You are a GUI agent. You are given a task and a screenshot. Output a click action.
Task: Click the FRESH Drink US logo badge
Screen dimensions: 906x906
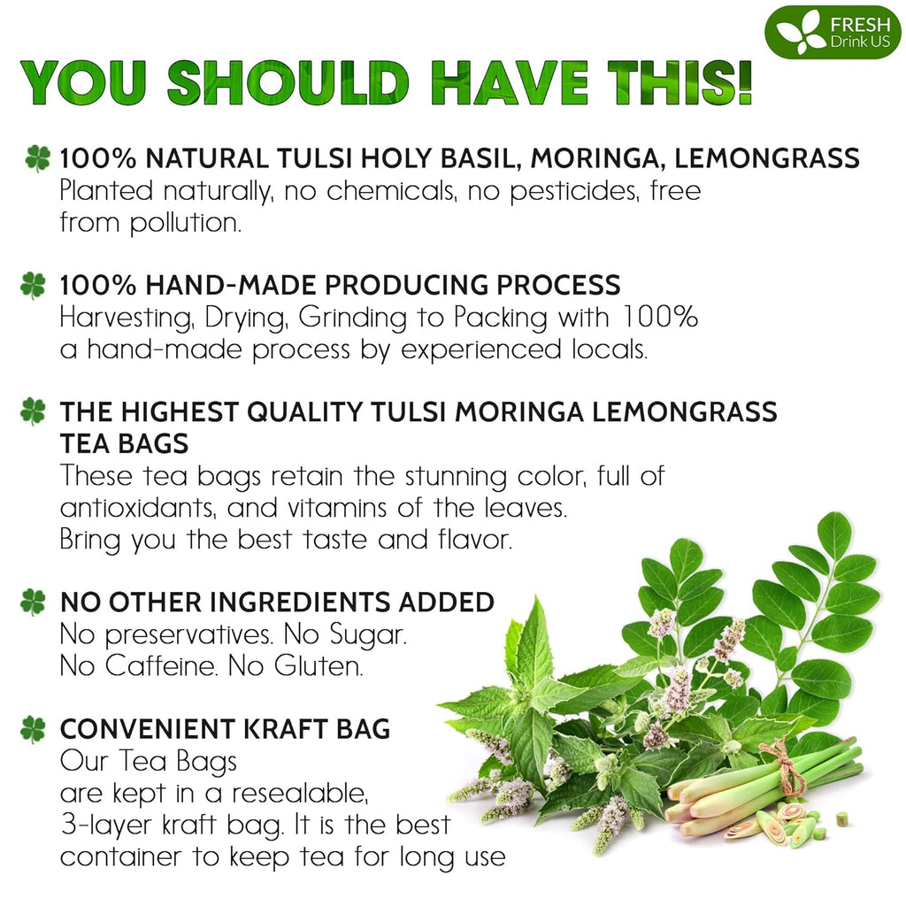[833, 32]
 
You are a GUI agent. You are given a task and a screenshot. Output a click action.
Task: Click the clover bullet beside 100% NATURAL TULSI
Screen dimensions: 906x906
[37, 158]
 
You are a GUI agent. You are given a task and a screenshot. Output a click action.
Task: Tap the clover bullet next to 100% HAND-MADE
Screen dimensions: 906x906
[34, 285]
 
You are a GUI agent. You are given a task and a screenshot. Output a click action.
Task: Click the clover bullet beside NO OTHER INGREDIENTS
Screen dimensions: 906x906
[34, 603]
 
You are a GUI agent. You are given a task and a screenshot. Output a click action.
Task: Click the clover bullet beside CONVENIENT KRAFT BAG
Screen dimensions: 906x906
[34, 730]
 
